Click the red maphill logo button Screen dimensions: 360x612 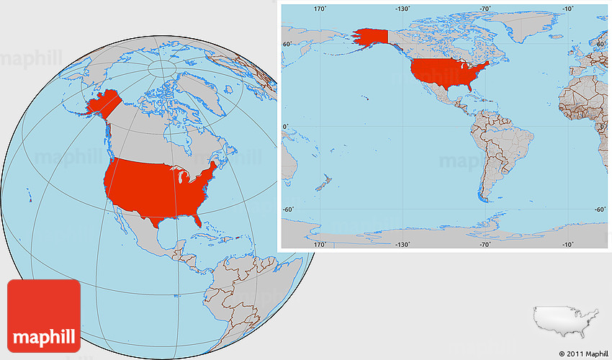tap(43, 315)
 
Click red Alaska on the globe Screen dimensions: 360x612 tap(102, 104)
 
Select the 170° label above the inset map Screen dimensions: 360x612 tap(320, 9)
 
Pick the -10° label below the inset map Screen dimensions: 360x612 tap(567, 244)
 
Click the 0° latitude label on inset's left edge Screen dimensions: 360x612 tap(285, 127)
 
